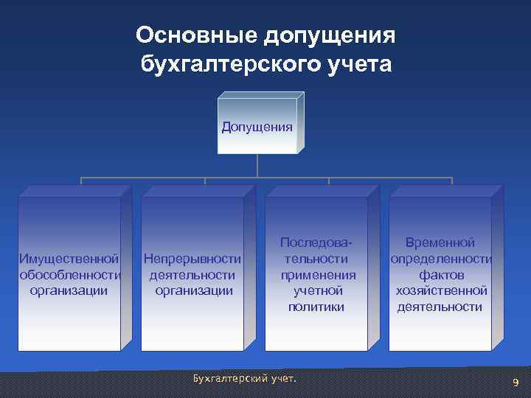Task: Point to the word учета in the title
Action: (358, 65)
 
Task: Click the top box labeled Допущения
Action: (257, 126)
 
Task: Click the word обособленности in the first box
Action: (69, 274)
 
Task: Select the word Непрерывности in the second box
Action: (192, 259)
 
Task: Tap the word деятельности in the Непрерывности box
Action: (192, 274)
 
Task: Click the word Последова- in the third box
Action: (316, 243)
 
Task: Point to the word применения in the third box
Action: (316, 274)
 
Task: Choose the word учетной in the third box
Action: (316, 290)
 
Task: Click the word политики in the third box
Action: (316, 306)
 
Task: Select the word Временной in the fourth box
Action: (440, 243)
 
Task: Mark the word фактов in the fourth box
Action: (440, 274)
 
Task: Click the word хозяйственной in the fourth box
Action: (440, 290)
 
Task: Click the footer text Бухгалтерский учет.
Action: (243, 378)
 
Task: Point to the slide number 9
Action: (516, 382)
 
